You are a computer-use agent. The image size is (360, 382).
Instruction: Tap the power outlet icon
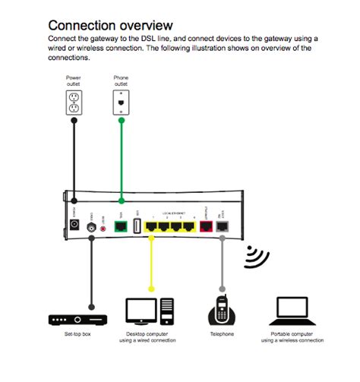(x=74, y=103)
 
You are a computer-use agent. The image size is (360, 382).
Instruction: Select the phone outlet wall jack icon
(x=121, y=102)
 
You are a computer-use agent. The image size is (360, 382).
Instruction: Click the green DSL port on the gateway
(x=121, y=226)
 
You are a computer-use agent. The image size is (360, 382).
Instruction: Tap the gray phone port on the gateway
(x=223, y=226)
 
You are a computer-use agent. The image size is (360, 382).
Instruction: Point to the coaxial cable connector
(x=92, y=226)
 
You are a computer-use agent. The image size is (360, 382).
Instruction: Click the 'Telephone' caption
(x=222, y=334)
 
